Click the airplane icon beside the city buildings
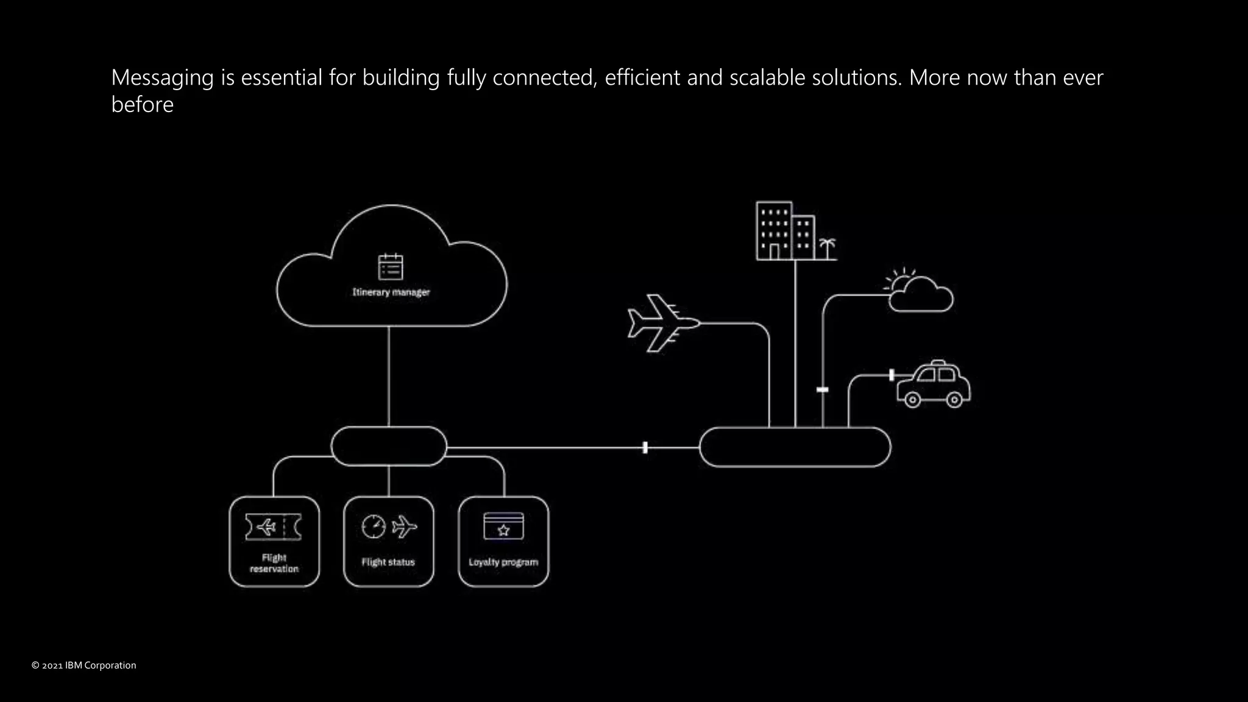(661, 324)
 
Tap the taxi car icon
(933, 384)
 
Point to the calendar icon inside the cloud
(391, 267)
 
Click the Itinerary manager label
(391, 292)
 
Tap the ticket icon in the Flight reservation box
(274, 526)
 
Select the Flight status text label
(388, 562)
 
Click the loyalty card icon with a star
(503, 526)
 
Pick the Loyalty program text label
(503, 562)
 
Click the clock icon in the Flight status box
(374, 526)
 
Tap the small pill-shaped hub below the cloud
(389, 447)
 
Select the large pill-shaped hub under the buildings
(795, 447)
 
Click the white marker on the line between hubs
(645, 448)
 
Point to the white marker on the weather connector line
(823, 389)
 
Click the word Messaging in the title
(162, 78)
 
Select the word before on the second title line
(143, 105)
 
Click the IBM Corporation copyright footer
(84, 665)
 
